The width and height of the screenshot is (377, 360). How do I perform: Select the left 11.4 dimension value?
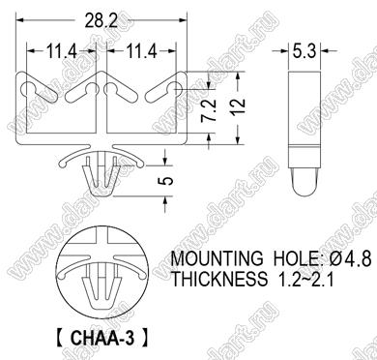[62, 51]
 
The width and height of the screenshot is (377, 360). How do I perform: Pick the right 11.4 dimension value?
[142, 51]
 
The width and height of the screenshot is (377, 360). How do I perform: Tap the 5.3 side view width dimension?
[304, 51]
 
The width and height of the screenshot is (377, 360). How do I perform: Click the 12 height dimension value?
[239, 103]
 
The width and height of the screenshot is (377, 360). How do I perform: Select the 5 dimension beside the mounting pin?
[166, 181]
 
